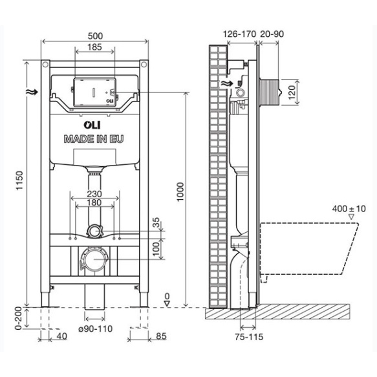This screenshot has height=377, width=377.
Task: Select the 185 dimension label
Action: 95,47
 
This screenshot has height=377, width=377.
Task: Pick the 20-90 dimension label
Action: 272,33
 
